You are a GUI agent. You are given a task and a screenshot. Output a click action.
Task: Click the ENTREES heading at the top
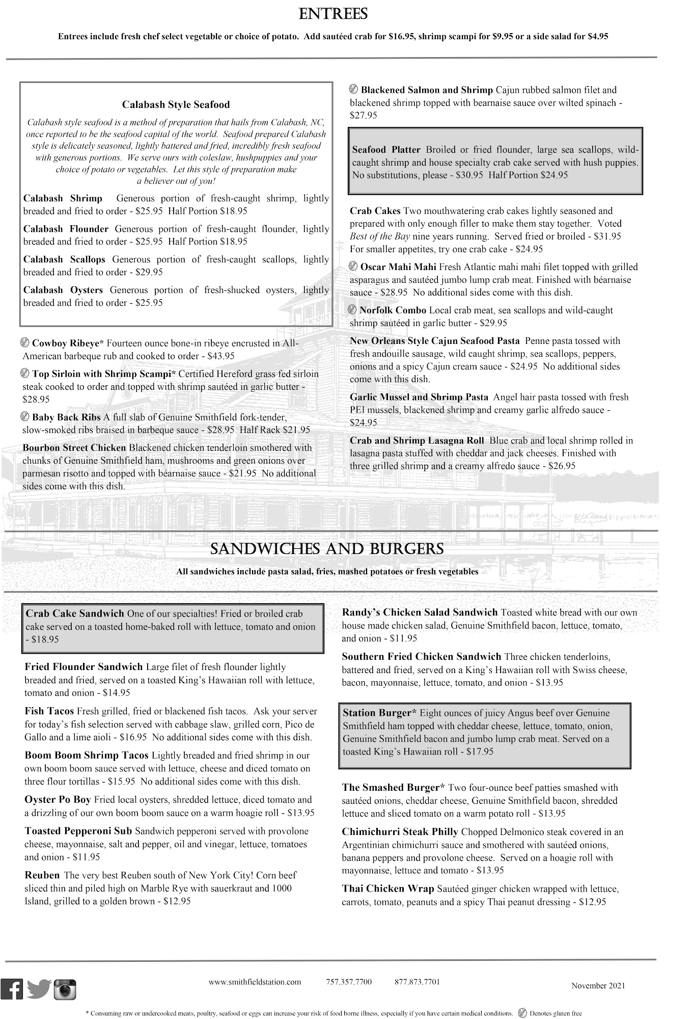click(x=333, y=14)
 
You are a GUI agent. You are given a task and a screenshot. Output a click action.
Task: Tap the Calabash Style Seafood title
click(x=176, y=104)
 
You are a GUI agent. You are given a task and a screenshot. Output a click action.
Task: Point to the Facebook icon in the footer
click(x=12, y=989)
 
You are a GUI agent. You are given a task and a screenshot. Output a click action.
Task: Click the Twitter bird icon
click(x=39, y=989)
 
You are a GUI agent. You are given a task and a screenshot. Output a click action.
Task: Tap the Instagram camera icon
click(x=65, y=989)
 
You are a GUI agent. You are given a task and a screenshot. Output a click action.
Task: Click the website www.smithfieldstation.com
click(x=255, y=981)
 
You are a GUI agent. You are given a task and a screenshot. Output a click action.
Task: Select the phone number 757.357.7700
click(x=349, y=981)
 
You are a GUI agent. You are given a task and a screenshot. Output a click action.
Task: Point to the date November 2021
click(x=598, y=985)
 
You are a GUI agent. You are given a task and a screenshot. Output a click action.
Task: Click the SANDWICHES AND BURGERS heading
click(x=327, y=549)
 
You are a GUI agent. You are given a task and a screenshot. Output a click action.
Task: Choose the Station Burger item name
click(x=377, y=713)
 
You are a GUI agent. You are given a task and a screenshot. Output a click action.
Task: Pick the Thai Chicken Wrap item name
click(x=387, y=889)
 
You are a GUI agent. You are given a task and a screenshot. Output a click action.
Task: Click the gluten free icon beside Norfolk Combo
click(x=353, y=310)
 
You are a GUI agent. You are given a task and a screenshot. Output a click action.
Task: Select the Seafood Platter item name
click(x=386, y=150)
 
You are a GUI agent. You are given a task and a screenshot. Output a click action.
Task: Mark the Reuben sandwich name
click(x=42, y=875)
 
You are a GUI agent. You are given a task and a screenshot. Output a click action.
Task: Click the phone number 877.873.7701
click(x=417, y=981)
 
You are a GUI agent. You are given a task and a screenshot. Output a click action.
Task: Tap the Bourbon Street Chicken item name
click(x=74, y=448)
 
